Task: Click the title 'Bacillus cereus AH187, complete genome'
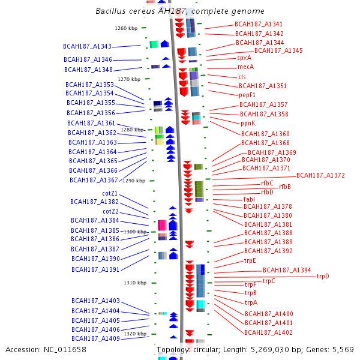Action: tap(180, 12)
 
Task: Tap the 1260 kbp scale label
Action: tap(126, 28)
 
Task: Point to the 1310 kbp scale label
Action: tap(135, 283)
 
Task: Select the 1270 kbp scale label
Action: tap(129, 79)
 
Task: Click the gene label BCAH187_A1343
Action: tap(87, 46)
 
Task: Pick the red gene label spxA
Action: tap(244, 58)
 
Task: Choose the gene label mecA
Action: tap(246, 67)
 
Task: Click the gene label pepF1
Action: tap(247, 95)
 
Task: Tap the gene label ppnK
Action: tap(248, 123)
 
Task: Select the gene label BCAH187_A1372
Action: tap(320, 175)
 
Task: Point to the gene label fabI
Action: tap(249, 199)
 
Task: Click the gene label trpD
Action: tap(323, 277)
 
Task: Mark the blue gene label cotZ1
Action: tap(110, 193)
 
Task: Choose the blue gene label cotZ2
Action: tap(110, 211)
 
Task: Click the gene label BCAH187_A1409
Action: tap(95, 338)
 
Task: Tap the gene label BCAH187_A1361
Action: tap(91, 123)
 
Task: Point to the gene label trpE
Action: tap(250, 260)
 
